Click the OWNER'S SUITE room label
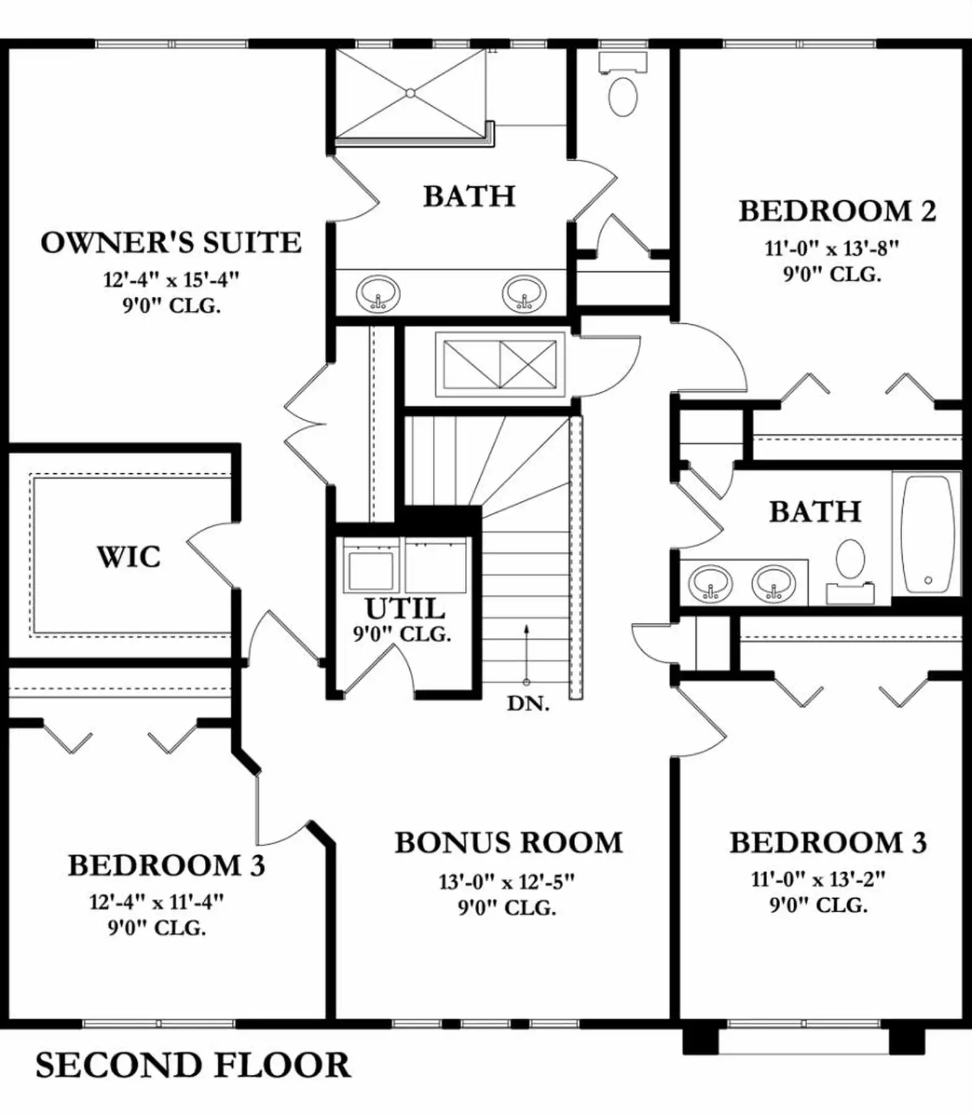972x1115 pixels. (x=171, y=242)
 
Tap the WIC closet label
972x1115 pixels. (x=129, y=556)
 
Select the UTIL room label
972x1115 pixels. (x=405, y=608)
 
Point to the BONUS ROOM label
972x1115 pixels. (x=508, y=842)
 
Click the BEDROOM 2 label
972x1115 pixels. (x=837, y=211)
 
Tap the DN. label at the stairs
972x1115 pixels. (x=528, y=704)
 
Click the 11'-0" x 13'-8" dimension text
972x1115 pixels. (x=831, y=248)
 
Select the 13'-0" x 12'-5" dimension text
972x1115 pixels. (x=506, y=881)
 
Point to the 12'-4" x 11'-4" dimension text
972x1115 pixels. (x=156, y=901)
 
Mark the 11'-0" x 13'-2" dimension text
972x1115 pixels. (x=818, y=879)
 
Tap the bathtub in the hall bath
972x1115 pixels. (x=927, y=534)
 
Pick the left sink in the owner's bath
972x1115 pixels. (x=378, y=293)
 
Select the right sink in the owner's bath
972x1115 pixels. (x=524, y=293)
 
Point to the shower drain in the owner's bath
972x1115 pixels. (x=410, y=93)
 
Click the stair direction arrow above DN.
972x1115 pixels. (x=526, y=654)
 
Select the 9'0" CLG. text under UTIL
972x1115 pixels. (x=402, y=634)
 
